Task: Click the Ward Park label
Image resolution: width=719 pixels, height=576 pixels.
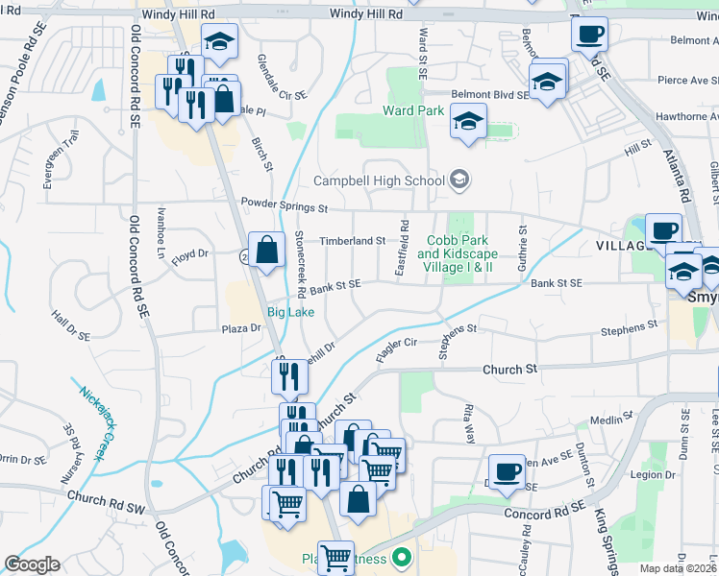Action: [413, 110]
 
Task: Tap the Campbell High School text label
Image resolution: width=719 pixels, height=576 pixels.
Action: [380, 180]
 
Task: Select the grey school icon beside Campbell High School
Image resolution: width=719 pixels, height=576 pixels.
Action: [459, 180]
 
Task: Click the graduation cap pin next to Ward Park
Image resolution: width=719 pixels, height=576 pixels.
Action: [468, 122]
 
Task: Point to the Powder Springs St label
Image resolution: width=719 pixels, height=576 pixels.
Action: [285, 205]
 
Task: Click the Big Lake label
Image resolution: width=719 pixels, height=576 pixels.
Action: [289, 312]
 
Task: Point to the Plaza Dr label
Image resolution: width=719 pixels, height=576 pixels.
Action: [242, 328]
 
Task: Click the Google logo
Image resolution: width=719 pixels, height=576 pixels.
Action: [32, 564]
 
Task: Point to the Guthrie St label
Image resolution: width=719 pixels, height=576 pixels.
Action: [524, 248]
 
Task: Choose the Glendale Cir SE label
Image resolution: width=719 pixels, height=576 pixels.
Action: [283, 78]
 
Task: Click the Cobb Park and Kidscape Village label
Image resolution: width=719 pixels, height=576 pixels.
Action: [455, 253]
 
